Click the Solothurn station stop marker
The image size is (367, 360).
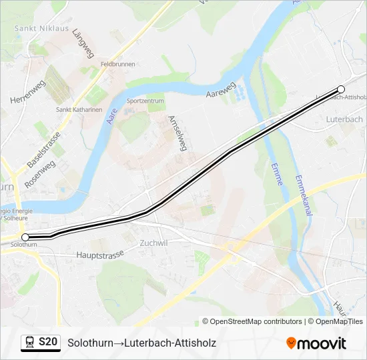coord(25,237)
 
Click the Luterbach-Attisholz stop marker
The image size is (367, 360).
coord(341,89)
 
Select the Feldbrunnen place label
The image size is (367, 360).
coord(117,64)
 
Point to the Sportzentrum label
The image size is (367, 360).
coord(145,101)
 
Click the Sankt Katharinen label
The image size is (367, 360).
coord(79,110)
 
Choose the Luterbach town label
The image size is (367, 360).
coord(344,119)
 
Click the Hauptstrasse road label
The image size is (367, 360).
coord(101,254)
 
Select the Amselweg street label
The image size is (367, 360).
coord(176,133)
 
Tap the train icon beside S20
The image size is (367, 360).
coord(29,343)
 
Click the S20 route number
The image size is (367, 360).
coord(49,343)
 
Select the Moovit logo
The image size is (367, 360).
coord(316,343)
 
